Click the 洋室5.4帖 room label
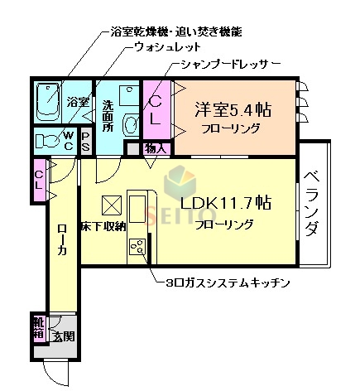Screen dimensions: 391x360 click(233, 109)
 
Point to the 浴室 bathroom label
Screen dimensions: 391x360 click(77, 102)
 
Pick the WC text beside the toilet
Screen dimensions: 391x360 click(71, 140)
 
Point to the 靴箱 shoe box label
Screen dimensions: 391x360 click(39, 326)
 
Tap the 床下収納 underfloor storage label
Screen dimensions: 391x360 click(103, 225)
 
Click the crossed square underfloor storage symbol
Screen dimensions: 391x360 click(112, 205)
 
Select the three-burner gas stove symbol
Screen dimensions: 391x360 click(137, 246)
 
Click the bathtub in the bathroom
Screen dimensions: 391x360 click(49, 102)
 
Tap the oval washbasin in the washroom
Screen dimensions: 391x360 click(131, 124)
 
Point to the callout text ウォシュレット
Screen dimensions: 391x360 click(166, 47)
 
